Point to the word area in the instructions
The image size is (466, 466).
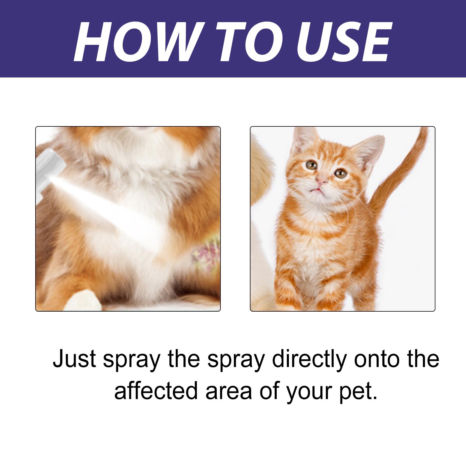(x=229, y=391)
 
